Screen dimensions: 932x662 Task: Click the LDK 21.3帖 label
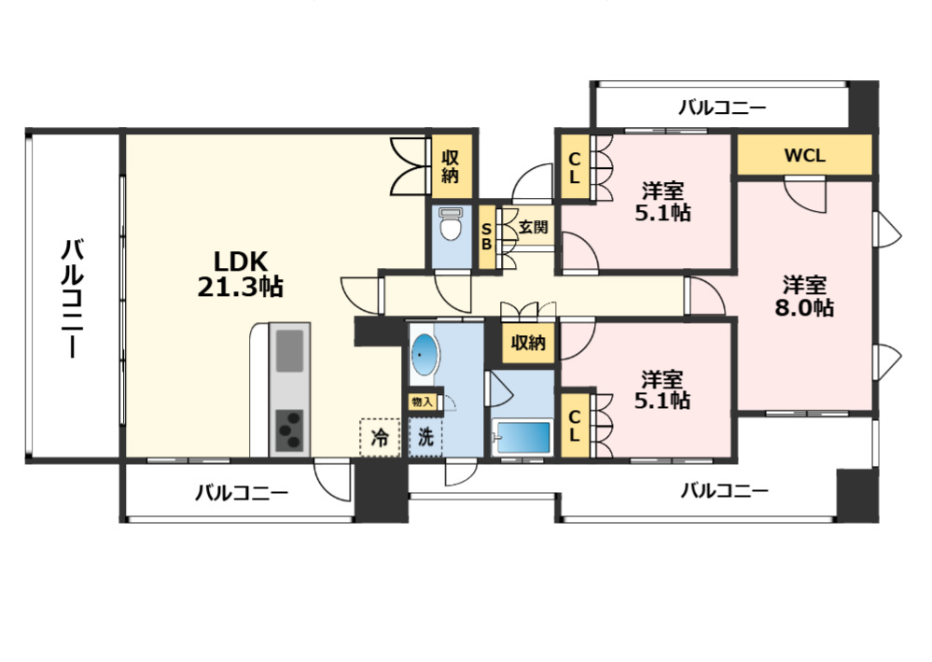pos(240,274)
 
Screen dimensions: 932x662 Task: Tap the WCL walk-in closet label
pos(805,155)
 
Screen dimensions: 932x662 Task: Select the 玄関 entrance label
pos(533,227)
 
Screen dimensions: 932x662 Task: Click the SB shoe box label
pos(486,236)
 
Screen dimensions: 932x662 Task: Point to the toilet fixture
pos(452,224)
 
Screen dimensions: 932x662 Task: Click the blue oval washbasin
pos(424,355)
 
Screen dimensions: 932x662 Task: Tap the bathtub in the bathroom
pos(522,438)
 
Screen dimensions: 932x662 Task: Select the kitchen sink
pos(290,350)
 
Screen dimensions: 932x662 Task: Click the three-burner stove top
pos(289,431)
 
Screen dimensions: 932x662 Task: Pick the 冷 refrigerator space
pos(379,438)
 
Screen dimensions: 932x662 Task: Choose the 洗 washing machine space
pos(425,438)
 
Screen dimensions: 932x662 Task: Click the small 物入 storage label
pos(422,402)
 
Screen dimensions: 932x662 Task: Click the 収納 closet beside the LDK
pos(451,166)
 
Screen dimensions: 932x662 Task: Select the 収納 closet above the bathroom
pos(528,343)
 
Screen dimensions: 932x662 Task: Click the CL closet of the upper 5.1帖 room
pos(574,168)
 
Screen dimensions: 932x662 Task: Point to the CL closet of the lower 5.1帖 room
pos(574,426)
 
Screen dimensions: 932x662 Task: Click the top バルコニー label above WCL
pos(722,108)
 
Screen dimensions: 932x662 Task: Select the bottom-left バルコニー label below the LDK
pos(242,493)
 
